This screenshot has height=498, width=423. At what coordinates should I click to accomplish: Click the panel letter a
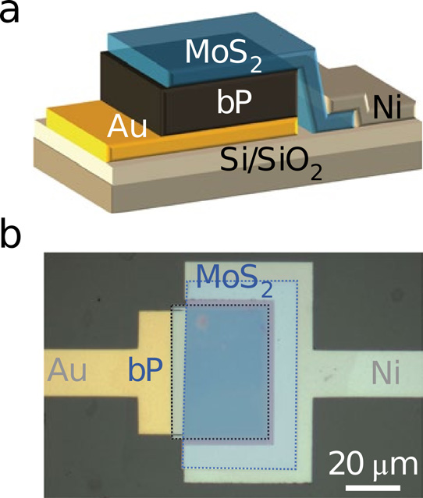tap(9, 13)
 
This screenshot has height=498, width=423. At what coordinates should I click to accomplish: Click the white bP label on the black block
tap(234, 101)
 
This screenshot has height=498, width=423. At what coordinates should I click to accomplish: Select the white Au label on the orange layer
tap(127, 126)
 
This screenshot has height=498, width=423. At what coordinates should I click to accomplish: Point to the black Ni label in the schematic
tap(387, 108)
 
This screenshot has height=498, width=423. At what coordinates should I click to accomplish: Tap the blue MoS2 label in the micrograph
tap(235, 280)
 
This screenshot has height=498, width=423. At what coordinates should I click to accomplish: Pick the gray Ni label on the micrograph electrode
tap(386, 374)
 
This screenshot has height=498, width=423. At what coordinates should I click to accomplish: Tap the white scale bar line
tap(373, 488)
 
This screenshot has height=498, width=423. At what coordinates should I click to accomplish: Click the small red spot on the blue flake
tap(202, 321)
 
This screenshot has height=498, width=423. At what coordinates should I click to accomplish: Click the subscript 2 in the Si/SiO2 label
tap(316, 174)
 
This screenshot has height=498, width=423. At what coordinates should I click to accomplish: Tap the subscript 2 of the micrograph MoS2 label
tap(267, 290)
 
